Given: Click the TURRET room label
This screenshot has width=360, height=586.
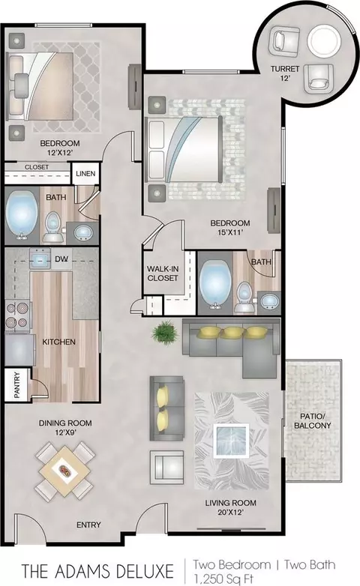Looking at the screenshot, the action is [x=285, y=69].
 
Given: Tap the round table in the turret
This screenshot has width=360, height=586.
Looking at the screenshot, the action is [x=324, y=40].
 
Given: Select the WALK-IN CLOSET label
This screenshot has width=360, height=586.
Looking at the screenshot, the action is [x=163, y=274].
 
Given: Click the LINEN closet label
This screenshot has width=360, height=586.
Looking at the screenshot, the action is [x=85, y=174].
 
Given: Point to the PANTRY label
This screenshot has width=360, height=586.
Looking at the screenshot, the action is [x=17, y=384].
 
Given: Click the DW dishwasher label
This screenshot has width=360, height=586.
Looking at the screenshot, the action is [x=61, y=259].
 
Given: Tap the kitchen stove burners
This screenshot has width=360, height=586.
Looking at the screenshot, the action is [x=17, y=315].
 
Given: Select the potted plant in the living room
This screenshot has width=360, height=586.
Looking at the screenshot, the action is [x=165, y=332].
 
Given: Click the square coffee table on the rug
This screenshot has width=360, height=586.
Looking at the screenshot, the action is [x=231, y=441].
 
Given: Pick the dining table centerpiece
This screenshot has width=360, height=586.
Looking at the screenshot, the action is [x=65, y=470].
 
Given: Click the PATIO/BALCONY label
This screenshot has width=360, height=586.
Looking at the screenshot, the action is [x=313, y=421].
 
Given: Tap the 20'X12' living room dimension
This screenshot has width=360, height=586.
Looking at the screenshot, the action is [x=230, y=513].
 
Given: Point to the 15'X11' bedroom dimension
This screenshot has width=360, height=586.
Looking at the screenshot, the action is [x=230, y=232].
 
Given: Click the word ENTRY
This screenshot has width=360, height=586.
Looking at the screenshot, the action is [x=88, y=525].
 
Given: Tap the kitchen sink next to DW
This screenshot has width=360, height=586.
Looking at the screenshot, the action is [x=40, y=259].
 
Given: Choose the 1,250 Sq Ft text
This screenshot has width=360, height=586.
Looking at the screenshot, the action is [x=223, y=579].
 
